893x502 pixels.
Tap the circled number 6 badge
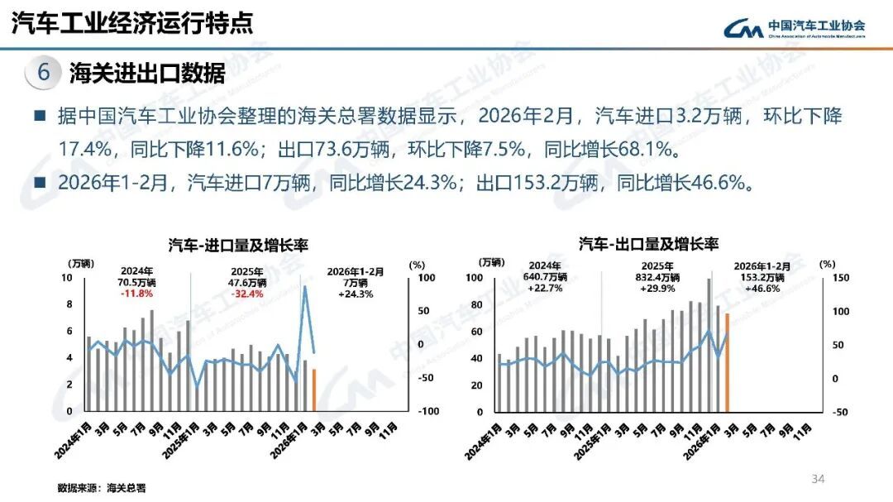pos(44,73)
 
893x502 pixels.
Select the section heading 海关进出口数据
pos(147,73)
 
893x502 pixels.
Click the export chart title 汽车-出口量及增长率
pos(648,244)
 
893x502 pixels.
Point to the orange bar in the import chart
pos(314,390)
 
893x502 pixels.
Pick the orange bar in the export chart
pos(727,362)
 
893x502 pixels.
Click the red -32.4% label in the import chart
pos(249,294)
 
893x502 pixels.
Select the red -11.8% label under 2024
pos(136,294)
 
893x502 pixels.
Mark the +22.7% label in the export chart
pos(543,289)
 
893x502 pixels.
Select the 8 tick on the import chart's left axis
pos(68,304)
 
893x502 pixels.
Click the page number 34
pos(819,479)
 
